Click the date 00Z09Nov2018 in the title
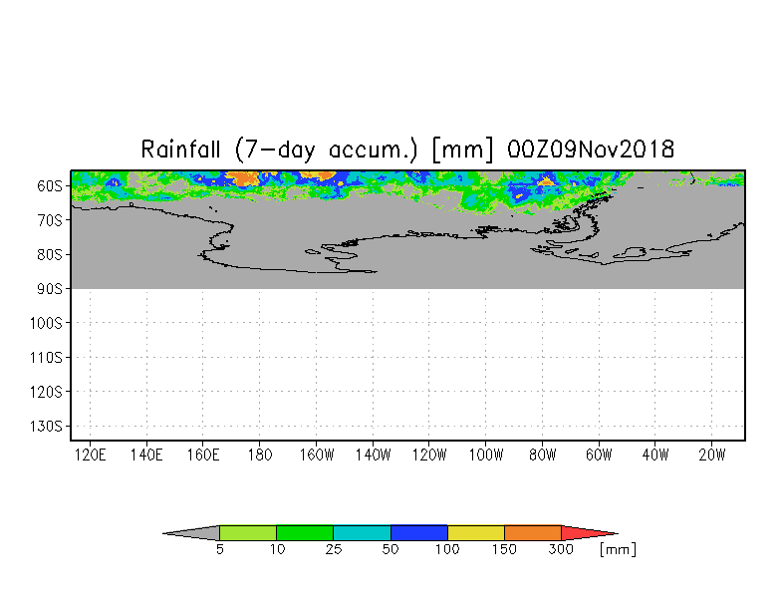pos(591,150)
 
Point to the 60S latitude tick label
pos(50,185)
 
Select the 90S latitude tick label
pos(50,289)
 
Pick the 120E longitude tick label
pos(91,455)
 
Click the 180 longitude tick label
pos(260,455)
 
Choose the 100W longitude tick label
pos(486,455)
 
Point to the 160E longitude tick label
pos(203,455)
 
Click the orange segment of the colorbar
pos(533,533)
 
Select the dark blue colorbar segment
pos(419,533)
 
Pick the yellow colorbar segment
pos(476,533)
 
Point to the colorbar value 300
pos(562,550)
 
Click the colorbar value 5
pos(219,550)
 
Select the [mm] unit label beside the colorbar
pos(618,550)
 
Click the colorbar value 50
pos(390,550)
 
